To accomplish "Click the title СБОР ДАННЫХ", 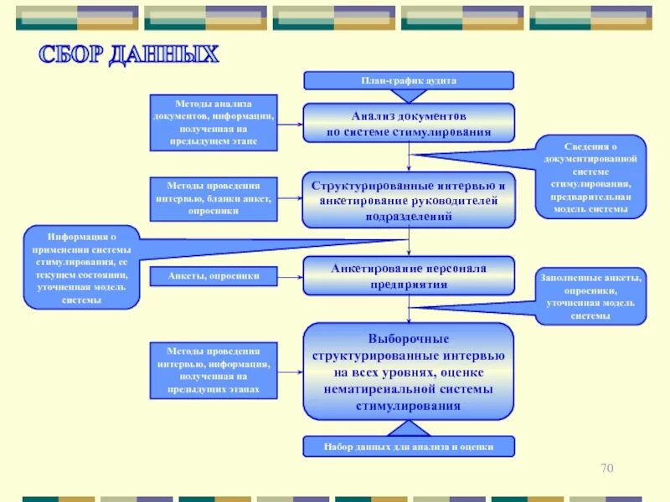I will pos(129,56).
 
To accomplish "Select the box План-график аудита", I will pos(408,80).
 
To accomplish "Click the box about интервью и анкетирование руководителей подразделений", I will pos(408,200).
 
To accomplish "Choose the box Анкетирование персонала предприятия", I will pos(408,275).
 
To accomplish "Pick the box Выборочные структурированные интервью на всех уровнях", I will pos(408,371).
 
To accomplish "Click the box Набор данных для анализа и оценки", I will pos(408,447).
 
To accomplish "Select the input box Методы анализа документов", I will pos(214,122).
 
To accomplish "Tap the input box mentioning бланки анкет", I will pos(214,198).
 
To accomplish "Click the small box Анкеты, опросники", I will pos(214,275).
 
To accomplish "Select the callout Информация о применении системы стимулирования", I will pos(81,267).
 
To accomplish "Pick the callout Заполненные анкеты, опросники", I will pos(590,297).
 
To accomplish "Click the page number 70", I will pos(607,468).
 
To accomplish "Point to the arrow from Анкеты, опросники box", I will pos(290,275).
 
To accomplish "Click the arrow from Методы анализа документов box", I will pos(290,123).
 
